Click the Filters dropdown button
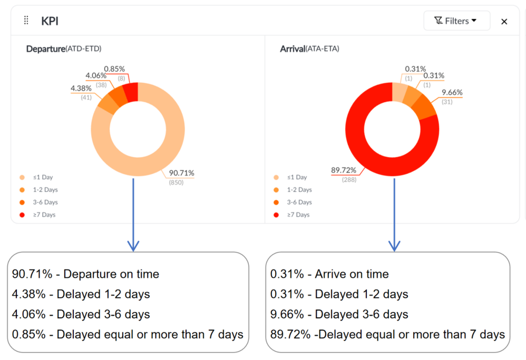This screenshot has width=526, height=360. point(456,21)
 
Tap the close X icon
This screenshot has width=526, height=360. point(504,22)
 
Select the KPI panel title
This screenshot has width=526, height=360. point(50,21)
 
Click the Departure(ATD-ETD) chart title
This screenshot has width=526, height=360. point(64,49)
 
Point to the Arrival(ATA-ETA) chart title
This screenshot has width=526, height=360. point(309,49)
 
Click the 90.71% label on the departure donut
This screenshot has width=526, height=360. point(181,173)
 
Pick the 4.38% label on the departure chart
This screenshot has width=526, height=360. point(81,88)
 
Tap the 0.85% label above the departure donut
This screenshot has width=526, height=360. point(114,69)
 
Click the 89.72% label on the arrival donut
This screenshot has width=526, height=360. point(344,170)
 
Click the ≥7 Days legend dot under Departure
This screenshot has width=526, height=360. point(22,215)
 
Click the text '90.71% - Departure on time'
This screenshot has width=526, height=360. point(85,274)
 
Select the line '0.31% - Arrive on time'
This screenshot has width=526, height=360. point(329,274)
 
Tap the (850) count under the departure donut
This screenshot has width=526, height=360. point(176,182)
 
